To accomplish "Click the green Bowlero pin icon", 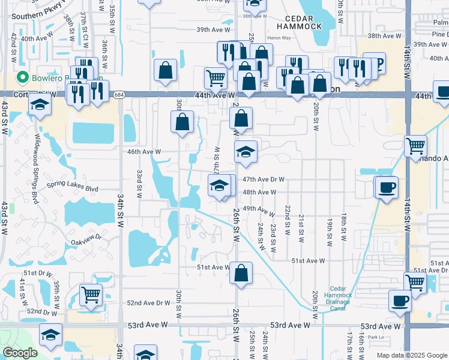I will (23, 77).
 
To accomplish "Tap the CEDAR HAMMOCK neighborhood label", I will (300, 21).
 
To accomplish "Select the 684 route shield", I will (119, 95).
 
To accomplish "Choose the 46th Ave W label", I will (144, 152).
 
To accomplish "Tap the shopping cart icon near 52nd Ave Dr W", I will (91, 294).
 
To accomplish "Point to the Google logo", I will (20, 353).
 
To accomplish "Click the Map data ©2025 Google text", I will (412, 355).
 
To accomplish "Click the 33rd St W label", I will (139, 184).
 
